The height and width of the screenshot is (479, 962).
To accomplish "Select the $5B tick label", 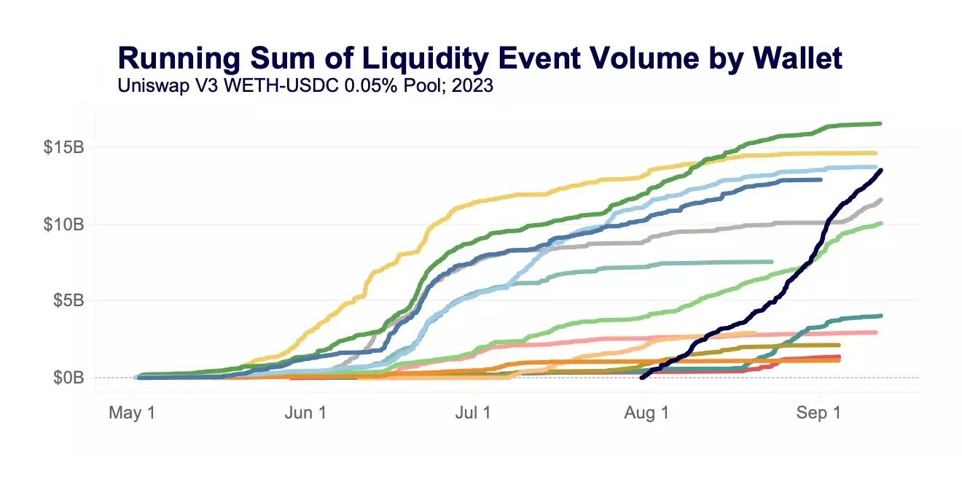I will click(70, 300).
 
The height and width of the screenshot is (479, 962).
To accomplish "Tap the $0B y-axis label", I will click(70, 378).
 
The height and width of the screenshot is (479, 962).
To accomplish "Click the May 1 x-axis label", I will click(132, 413).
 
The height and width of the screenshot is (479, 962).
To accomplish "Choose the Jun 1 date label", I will click(304, 413).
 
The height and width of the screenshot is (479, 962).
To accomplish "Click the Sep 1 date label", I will click(818, 413).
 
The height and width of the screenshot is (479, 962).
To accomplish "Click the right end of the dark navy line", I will click(881, 171).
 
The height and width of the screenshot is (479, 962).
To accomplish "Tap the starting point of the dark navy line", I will click(641, 378).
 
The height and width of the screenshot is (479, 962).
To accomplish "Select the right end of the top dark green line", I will click(880, 124).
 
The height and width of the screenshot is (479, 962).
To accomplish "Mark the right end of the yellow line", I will click(875, 153).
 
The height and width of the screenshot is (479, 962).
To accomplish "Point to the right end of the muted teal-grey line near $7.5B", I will click(772, 262).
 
